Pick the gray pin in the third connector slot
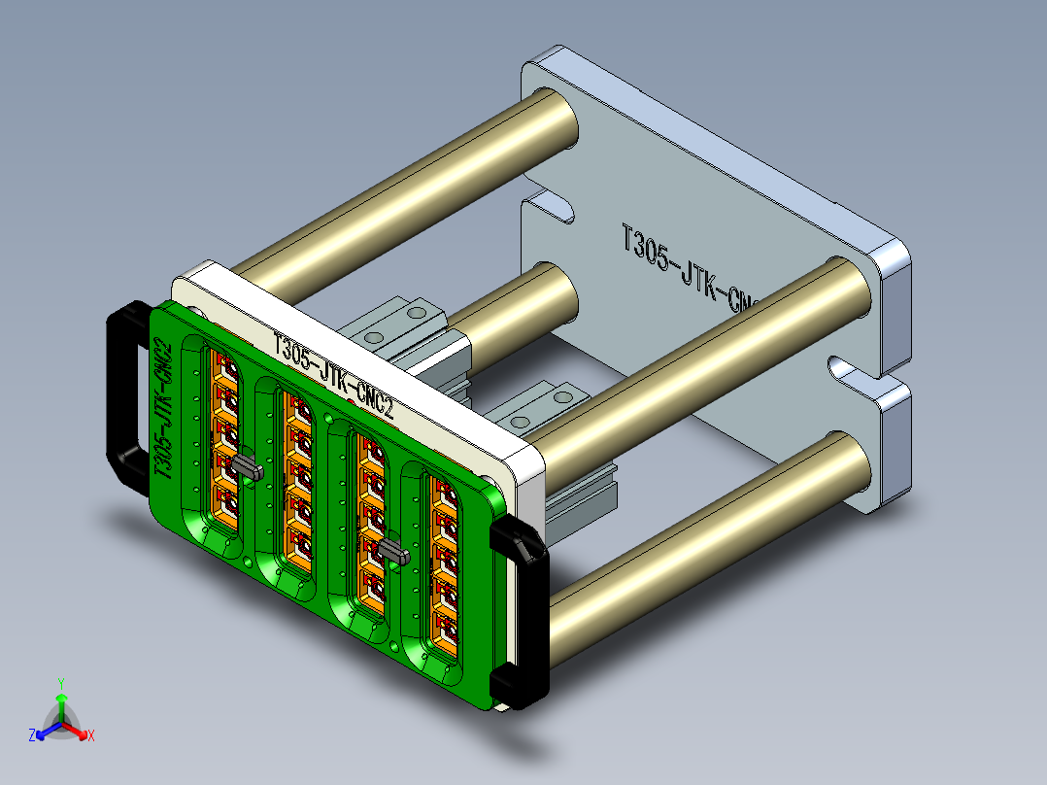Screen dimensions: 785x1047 coord(392,553)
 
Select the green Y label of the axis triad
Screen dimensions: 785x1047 coord(60,683)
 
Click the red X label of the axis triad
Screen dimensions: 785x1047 coord(90,736)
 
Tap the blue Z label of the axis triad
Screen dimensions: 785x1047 coord(32,736)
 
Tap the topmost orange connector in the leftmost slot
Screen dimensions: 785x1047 coord(227,370)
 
